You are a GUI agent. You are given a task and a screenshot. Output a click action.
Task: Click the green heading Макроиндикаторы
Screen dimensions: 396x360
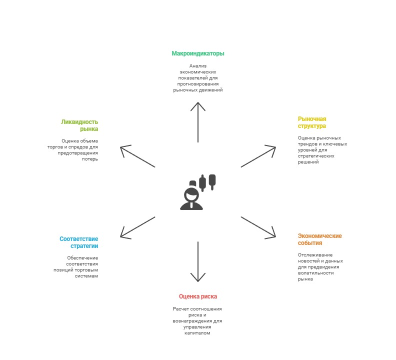click(x=197, y=53)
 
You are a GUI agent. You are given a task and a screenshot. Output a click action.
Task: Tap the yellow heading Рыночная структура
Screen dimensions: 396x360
click(x=312, y=122)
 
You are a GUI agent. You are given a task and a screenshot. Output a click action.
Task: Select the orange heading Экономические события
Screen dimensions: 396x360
click(x=319, y=239)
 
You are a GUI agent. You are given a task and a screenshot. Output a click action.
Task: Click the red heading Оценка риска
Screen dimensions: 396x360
click(x=197, y=296)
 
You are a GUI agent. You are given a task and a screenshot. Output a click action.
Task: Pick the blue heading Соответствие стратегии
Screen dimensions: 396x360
click(x=79, y=242)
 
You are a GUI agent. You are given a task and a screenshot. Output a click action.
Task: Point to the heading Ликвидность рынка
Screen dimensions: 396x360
click(x=79, y=125)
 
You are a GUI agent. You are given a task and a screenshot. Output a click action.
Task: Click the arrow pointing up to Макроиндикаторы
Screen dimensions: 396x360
click(x=198, y=122)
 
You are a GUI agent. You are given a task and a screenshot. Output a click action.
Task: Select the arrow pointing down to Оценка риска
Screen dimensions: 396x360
click(x=198, y=261)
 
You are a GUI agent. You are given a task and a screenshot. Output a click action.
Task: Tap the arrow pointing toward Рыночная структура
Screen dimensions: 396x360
click(x=258, y=156)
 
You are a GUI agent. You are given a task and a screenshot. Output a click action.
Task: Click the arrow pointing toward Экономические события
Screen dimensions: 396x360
click(x=258, y=227)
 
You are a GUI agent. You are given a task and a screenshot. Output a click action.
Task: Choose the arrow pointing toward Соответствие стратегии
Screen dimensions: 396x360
click(x=137, y=227)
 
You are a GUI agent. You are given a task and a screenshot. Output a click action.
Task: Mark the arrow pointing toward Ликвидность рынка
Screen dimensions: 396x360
click(x=137, y=156)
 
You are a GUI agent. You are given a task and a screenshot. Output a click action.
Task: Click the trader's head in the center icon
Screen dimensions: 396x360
click(x=191, y=194)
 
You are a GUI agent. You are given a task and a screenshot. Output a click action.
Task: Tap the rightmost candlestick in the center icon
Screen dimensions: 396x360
click(x=212, y=181)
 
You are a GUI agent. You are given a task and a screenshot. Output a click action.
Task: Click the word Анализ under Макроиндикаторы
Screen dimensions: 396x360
click(x=198, y=65)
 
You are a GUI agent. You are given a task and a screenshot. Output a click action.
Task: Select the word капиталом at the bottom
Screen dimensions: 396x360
click(x=197, y=333)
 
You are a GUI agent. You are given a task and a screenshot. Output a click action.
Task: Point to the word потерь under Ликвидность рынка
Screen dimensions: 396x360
click(x=90, y=159)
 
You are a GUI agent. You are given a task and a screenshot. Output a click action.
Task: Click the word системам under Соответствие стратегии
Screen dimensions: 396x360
click(x=86, y=276)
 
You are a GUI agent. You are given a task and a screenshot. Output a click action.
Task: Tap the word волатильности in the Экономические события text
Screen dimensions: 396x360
click(x=315, y=273)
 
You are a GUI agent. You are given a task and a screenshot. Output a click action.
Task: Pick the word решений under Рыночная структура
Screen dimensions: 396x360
click(x=308, y=162)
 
